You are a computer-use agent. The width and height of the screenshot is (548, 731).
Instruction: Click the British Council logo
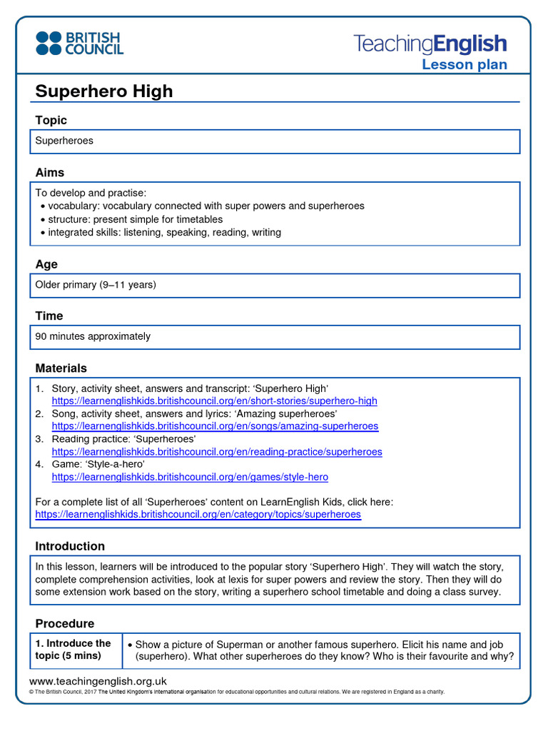[x=79, y=43]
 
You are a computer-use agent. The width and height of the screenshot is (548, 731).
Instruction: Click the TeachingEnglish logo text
[x=430, y=44]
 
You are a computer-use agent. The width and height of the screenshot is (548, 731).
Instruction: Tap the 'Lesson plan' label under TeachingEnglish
[x=464, y=65]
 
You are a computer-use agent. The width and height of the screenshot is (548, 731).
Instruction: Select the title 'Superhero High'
[x=104, y=91]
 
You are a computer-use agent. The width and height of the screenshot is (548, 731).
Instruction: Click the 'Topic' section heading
[x=51, y=120]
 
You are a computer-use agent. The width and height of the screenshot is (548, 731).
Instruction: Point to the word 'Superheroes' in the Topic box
[x=64, y=141]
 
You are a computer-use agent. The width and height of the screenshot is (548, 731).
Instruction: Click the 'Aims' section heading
[x=50, y=172]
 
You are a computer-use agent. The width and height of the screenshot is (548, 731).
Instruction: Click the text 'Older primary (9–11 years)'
[x=96, y=284]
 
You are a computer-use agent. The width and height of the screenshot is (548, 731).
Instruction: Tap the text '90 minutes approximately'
[x=93, y=336]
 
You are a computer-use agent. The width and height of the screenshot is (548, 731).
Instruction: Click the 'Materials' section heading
[x=61, y=368]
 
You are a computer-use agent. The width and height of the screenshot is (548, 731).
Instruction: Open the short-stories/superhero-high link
[x=214, y=401]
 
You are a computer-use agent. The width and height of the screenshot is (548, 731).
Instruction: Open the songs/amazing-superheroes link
[x=215, y=426]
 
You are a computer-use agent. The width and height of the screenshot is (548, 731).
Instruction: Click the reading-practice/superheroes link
[x=217, y=452]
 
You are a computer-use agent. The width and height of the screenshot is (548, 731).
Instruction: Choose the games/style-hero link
[x=190, y=477]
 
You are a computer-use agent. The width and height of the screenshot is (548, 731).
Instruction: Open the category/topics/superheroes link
[x=198, y=514]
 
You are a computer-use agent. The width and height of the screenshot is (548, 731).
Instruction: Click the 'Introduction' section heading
[x=70, y=546]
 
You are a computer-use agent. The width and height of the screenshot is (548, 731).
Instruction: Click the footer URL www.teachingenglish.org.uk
[x=98, y=681]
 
